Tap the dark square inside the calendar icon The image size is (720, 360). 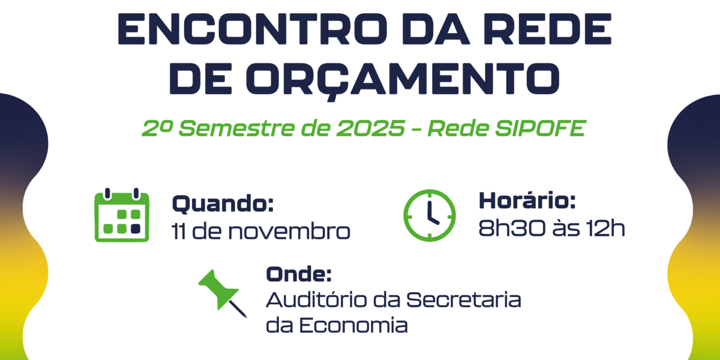pos(135,228)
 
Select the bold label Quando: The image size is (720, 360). pos(223,204)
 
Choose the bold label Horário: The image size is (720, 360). pos(527,201)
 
